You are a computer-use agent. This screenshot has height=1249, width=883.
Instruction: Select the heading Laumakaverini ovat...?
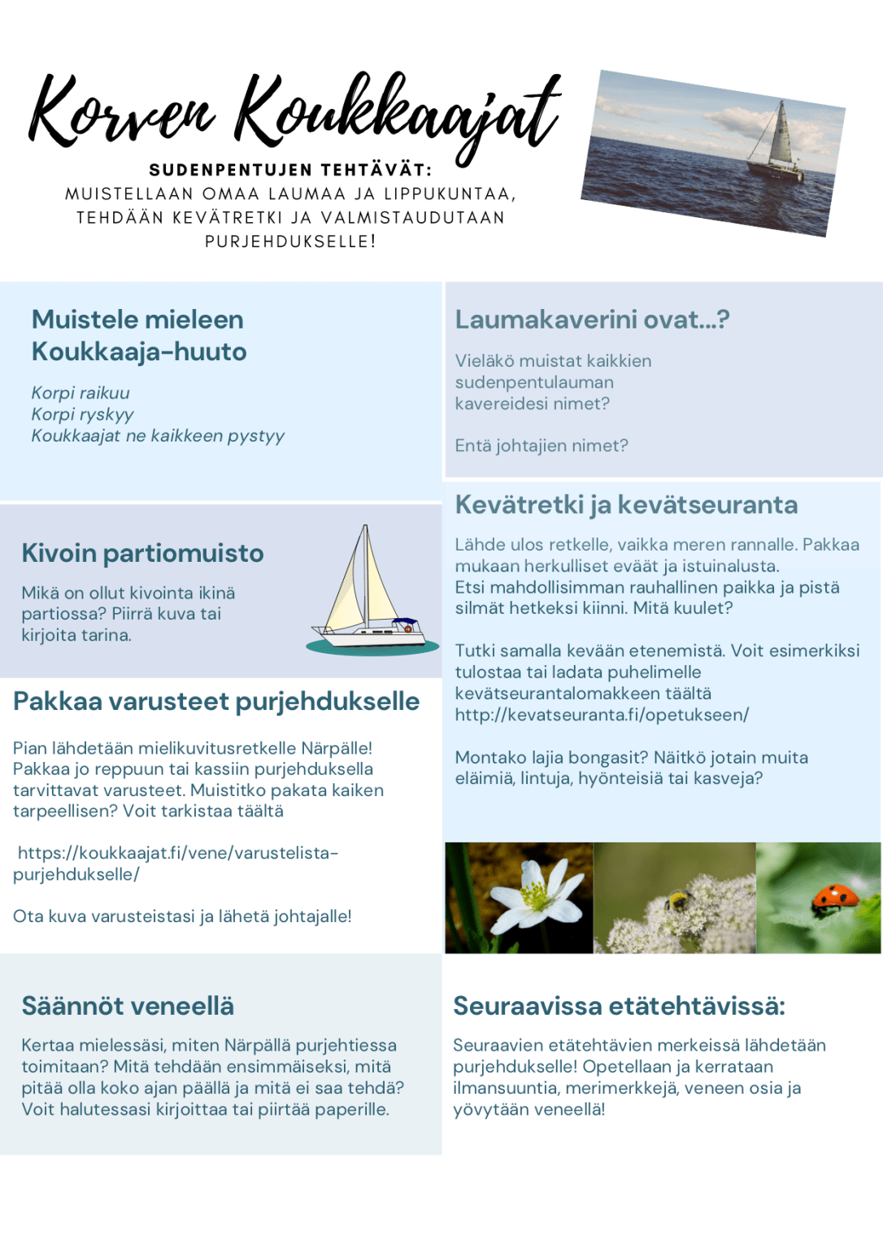click(x=592, y=320)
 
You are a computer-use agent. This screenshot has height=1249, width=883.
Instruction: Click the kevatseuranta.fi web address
click(x=602, y=715)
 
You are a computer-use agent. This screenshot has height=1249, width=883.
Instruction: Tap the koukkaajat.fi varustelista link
click(x=176, y=863)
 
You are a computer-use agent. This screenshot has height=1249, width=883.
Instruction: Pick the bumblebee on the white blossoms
click(x=676, y=901)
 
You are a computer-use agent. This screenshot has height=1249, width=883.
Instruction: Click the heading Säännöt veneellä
click(x=128, y=1006)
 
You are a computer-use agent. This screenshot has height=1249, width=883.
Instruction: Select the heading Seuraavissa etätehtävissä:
click(x=619, y=1006)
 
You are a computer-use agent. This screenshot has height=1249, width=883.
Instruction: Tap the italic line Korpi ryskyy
click(x=82, y=415)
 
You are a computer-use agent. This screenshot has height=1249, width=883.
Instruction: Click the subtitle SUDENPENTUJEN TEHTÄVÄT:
click(x=290, y=170)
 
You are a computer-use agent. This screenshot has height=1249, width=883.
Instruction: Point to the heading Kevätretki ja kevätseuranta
click(x=626, y=505)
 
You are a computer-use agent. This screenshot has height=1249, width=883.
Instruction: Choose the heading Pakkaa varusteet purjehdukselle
click(x=216, y=702)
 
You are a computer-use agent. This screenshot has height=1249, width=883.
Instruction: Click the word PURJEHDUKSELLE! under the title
click(x=290, y=242)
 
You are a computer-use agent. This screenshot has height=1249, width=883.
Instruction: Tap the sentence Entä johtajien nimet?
click(x=542, y=446)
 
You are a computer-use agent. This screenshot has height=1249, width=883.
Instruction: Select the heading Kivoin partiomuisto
click(x=142, y=553)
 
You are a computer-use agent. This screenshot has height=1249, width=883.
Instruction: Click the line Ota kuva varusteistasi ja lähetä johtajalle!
click(x=182, y=916)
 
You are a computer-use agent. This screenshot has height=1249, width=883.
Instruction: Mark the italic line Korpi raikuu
click(x=80, y=394)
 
